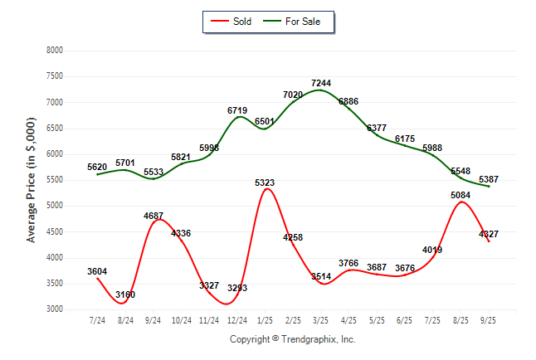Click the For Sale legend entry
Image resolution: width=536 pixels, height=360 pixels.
[x=302, y=22]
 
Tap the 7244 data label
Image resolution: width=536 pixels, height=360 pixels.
[x=321, y=84]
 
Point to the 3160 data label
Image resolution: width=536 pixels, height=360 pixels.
[x=125, y=294]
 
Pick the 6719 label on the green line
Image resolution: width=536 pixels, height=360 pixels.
[x=237, y=110]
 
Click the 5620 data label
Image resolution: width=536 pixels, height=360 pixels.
[x=98, y=167]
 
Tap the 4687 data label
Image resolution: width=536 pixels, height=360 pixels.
[x=153, y=216]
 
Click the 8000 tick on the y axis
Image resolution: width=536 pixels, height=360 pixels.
[x=54, y=51]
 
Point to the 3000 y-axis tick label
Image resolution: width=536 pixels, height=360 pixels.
[x=54, y=309]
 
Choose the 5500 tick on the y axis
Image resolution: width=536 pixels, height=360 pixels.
[x=54, y=180]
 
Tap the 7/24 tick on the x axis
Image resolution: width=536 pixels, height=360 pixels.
[x=98, y=319]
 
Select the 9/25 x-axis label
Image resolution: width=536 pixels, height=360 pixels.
[x=489, y=319]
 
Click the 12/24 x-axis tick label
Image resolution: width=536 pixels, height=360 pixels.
[x=237, y=319]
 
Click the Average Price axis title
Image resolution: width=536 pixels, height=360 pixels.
[x=32, y=180]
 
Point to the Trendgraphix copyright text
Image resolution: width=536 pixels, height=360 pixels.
[x=292, y=339]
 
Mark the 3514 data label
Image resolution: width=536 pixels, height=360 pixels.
[x=321, y=277]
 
